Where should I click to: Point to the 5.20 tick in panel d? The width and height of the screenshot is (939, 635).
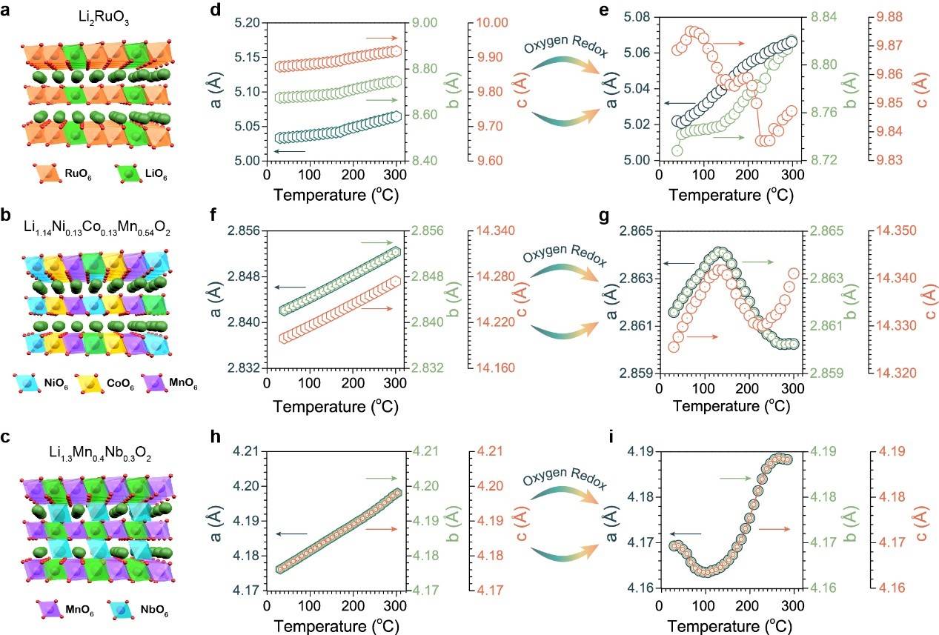coord(247,23)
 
